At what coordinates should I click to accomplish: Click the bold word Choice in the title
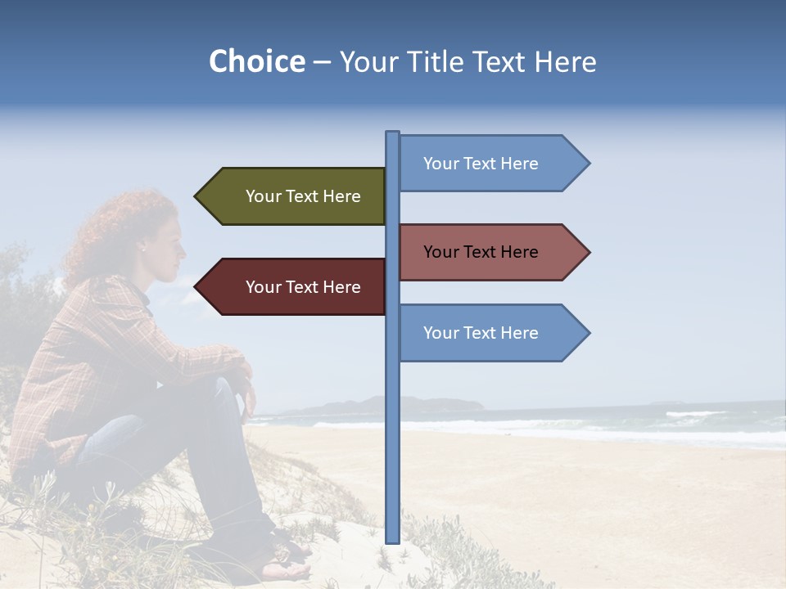pyautogui.click(x=256, y=62)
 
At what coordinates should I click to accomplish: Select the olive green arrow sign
pyautogui.click(x=295, y=196)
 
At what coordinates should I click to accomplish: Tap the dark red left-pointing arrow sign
pyautogui.click(x=295, y=287)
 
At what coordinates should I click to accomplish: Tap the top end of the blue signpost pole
pyautogui.click(x=392, y=134)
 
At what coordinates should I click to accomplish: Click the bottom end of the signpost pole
pyautogui.click(x=392, y=540)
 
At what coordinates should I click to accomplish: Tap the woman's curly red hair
pyautogui.click(x=115, y=229)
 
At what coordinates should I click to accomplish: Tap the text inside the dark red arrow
pyautogui.click(x=303, y=287)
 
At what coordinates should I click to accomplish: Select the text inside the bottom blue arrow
pyautogui.click(x=481, y=333)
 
